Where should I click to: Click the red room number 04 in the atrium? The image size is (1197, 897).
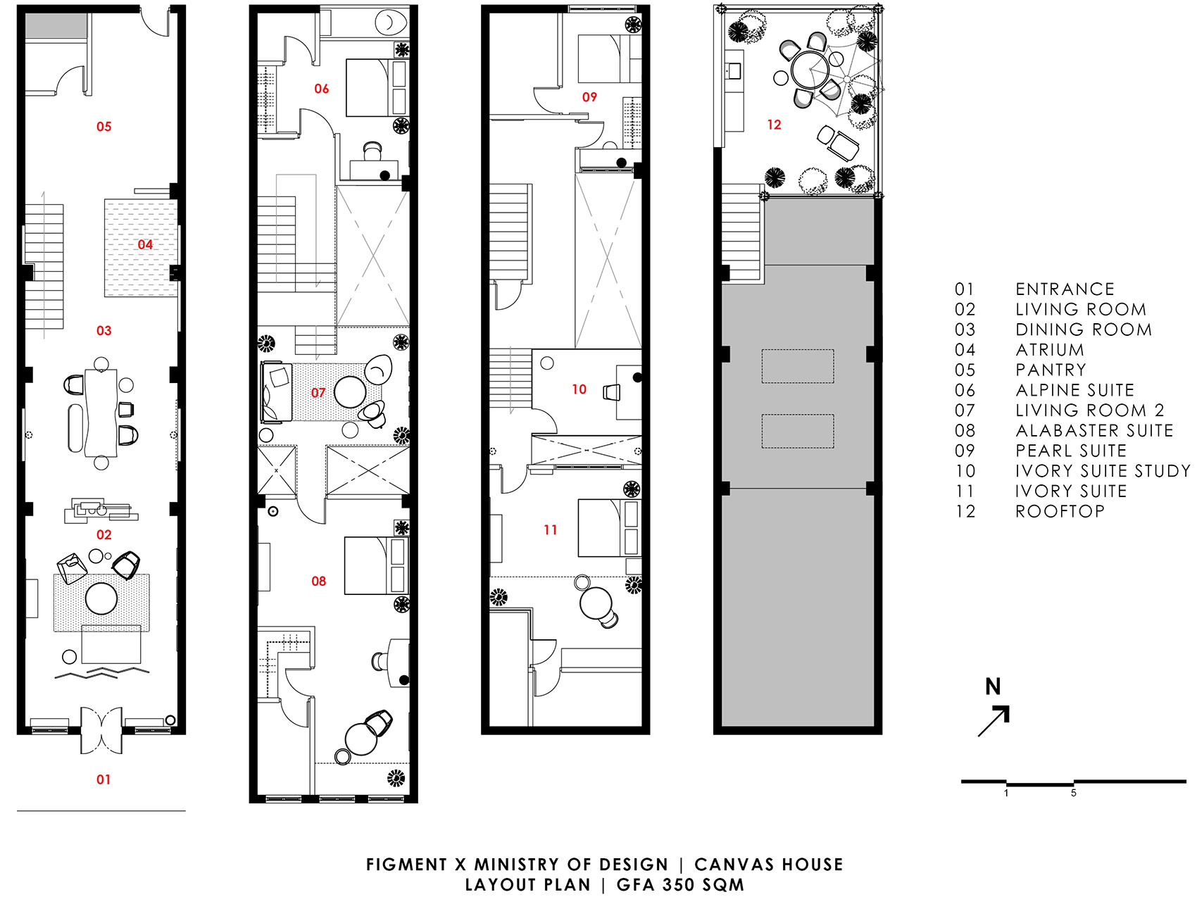[x=145, y=244]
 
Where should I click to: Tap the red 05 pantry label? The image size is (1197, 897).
[x=104, y=127]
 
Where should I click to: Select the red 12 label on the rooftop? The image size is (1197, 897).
[x=775, y=125]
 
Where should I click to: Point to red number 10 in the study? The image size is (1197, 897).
[x=579, y=389]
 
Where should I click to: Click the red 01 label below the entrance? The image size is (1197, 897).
[x=104, y=779]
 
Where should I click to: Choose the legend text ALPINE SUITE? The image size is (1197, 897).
[x=1075, y=390]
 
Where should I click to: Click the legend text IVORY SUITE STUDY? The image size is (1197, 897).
[x=1103, y=471]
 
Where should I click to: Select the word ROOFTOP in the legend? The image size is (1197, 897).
[x=1060, y=511]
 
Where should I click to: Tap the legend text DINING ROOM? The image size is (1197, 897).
[x=1084, y=330]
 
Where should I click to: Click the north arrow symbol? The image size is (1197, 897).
[x=994, y=721]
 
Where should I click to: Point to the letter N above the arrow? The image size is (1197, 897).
[x=993, y=686]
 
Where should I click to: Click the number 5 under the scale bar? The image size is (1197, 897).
[x=1074, y=793]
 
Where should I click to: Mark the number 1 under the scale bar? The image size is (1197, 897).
[x=1006, y=793]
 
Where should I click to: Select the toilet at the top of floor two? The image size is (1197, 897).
[x=390, y=22]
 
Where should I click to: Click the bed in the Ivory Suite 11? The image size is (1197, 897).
[x=609, y=528]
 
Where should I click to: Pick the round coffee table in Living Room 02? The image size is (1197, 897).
[x=101, y=598]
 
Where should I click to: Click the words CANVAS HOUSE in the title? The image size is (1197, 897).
[x=769, y=865]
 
